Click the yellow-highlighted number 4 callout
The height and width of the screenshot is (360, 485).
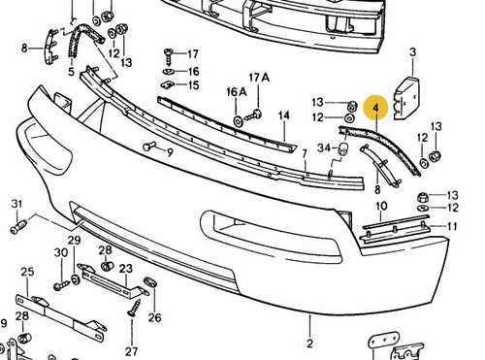(x=375, y=108)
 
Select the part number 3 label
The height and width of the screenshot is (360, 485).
(x=413, y=52)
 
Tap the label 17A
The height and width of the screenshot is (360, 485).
(x=259, y=78)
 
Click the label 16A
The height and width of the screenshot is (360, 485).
(x=237, y=92)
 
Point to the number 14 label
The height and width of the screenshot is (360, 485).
(x=283, y=115)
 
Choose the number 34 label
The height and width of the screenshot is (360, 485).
(x=324, y=147)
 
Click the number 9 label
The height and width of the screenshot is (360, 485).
(x=170, y=152)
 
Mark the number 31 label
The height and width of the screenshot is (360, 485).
(x=16, y=204)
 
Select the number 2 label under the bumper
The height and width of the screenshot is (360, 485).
(x=309, y=344)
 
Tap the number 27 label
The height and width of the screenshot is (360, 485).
(x=132, y=351)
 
